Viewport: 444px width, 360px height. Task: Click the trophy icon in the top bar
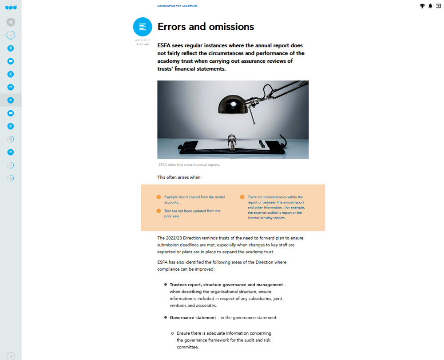coord(422,6)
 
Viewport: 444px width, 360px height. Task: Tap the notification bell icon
coord(430,6)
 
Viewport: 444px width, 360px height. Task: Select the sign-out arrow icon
coord(438,6)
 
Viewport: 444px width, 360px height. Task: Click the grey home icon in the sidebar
coord(11,22)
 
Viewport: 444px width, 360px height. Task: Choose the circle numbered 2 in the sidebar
coord(11,35)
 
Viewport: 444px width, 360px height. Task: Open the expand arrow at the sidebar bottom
coord(11,356)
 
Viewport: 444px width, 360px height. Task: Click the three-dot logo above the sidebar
coord(11,8)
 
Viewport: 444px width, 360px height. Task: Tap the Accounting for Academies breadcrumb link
coord(177,6)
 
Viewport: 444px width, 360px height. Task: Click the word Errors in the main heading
coord(172,27)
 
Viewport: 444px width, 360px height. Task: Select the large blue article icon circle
coord(143,27)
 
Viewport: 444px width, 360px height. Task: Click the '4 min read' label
coord(143,44)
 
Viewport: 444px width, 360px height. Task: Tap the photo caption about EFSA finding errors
coord(189,164)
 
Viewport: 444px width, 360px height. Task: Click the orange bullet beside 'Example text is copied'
coord(159,197)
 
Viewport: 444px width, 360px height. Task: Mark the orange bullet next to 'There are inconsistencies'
coord(242,197)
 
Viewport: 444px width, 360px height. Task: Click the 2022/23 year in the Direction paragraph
coord(175,238)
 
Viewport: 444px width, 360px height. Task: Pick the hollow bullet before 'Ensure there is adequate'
coord(173,333)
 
